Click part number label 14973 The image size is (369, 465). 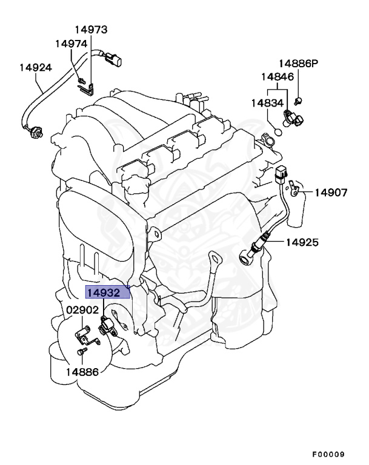click(x=91, y=29)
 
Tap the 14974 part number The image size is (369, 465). click(x=71, y=44)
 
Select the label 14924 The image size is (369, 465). click(x=35, y=67)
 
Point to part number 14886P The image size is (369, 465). click(x=298, y=64)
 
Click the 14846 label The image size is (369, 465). click(x=278, y=77)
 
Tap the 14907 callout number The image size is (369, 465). click(x=331, y=193)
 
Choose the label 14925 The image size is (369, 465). click(x=302, y=243)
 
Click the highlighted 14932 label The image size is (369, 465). click(x=107, y=293)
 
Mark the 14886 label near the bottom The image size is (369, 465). click(x=82, y=372)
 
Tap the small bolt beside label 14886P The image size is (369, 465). click(x=299, y=99)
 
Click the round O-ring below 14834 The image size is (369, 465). click(x=278, y=131)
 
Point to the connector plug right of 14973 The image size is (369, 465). click(x=115, y=61)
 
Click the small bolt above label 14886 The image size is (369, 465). click(x=79, y=352)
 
